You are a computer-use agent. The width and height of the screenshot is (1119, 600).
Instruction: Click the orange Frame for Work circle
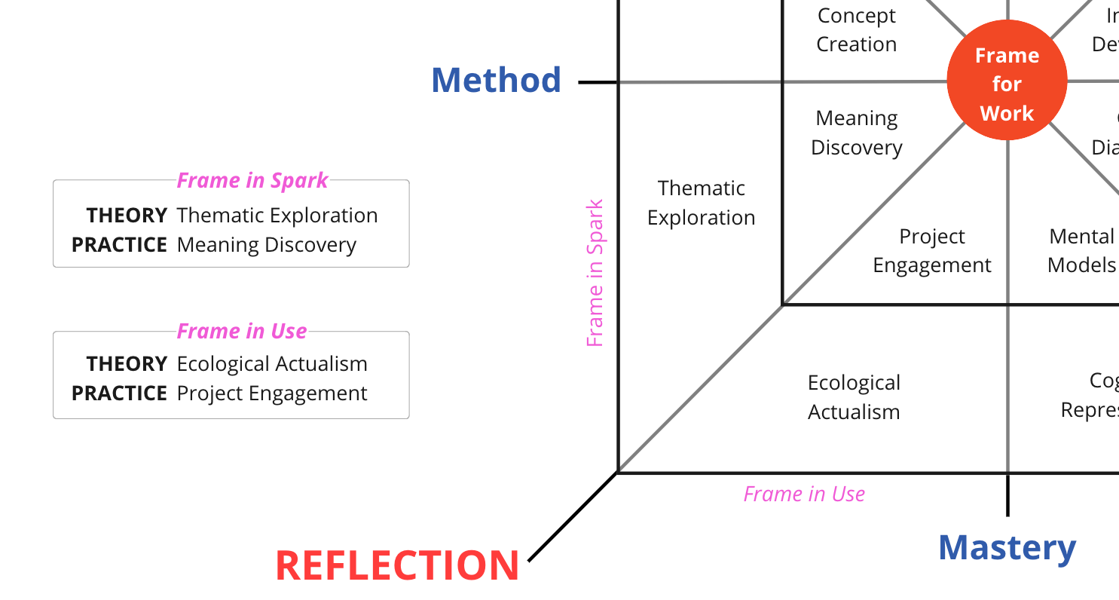(x=1007, y=82)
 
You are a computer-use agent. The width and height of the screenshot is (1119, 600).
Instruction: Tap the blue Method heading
(x=496, y=81)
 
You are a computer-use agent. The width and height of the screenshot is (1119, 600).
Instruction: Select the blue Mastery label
(x=1007, y=548)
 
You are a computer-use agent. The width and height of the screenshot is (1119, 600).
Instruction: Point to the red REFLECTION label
(x=397, y=565)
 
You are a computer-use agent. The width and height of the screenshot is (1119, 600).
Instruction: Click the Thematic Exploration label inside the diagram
(x=701, y=203)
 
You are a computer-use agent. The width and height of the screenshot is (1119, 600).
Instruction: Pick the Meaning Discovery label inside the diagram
(x=857, y=133)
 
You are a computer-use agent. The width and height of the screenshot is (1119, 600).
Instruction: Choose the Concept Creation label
(x=857, y=30)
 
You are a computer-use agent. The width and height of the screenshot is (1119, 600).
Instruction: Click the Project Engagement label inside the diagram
(x=932, y=251)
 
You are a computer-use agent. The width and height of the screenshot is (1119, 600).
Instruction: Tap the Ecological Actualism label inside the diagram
(x=854, y=397)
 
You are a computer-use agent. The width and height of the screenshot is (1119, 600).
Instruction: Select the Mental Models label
(x=1081, y=251)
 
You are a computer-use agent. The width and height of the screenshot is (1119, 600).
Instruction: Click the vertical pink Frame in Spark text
(x=595, y=273)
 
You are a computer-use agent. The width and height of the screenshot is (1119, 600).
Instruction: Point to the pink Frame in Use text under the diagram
(x=804, y=494)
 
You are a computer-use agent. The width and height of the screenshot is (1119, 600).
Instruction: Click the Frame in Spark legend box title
(x=252, y=181)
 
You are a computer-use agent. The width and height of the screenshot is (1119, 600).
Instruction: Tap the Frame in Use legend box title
(x=242, y=332)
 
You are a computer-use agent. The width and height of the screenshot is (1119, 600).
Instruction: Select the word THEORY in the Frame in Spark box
(x=127, y=216)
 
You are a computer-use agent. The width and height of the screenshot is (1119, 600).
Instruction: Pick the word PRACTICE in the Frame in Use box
(x=119, y=393)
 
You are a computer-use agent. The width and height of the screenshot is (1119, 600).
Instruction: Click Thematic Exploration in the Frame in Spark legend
(x=277, y=216)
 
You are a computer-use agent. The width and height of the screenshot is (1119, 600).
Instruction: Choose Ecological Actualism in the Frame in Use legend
(x=272, y=364)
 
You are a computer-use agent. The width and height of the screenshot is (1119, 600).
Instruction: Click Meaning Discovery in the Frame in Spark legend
(x=266, y=245)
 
